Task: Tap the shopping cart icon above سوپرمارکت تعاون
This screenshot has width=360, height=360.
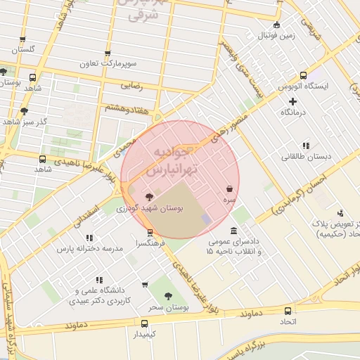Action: pyautogui.click(x=107, y=52)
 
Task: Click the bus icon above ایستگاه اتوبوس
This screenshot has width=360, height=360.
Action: pyautogui.click(x=303, y=76)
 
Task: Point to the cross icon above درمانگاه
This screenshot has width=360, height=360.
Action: pyautogui.click(x=293, y=102)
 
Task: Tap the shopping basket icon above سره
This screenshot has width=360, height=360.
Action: pyautogui.click(x=230, y=188)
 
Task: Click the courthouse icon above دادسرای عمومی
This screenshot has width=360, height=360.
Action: pyautogui.click(x=233, y=231)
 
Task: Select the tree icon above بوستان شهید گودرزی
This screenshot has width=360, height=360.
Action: pyautogui.click(x=148, y=197)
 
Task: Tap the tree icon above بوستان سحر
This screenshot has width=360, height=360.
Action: pyautogui.click(x=167, y=297)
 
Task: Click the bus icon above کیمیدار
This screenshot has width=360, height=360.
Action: pyautogui.click(x=144, y=324)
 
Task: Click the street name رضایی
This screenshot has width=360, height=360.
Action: pyautogui.click(x=133, y=86)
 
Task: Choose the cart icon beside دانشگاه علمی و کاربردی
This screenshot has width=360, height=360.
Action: pyautogui.click(x=145, y=285)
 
